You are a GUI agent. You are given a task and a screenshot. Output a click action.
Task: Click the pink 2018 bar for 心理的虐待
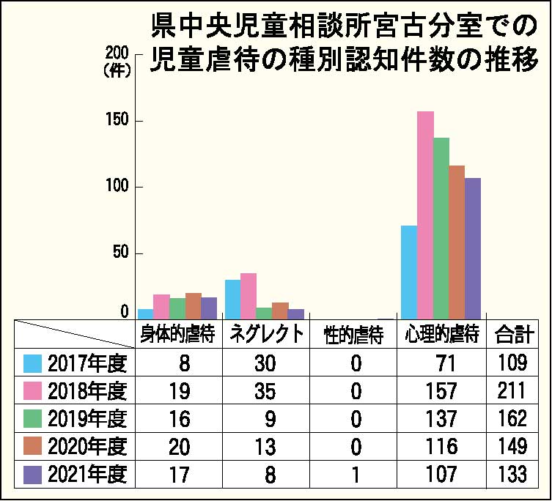(425, 215)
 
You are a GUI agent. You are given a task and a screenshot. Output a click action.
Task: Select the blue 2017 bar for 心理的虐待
(409, 272)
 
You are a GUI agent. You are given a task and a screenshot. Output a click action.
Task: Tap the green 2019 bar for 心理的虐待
(441, 229)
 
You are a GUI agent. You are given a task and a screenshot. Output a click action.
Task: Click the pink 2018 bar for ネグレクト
(249, 296)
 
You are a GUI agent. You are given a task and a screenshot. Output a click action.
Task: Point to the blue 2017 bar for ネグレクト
(232, 300)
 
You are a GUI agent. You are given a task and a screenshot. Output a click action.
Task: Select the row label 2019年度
(87, 418)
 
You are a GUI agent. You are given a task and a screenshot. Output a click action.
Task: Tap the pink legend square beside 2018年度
(32, 390)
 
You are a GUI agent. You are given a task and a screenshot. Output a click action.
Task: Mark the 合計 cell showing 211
(512, 390)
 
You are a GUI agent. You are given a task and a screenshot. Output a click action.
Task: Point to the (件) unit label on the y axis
(117, 71)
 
